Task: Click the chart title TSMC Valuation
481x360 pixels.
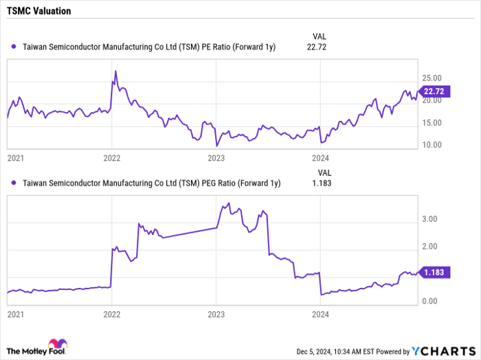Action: tap(40, 12)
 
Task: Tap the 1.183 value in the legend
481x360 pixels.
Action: tap(317, 183)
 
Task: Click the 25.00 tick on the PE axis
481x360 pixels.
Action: tap(432, 78)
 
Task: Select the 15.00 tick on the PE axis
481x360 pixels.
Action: tap(432, 123)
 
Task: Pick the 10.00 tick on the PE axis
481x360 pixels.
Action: tap(432, 145)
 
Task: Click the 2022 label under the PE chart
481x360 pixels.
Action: tap(112, 157)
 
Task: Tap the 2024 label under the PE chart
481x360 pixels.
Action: tap(321, 157)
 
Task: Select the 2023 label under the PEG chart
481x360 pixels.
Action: tap(216, 314)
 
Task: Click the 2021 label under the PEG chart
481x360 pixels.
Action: tap(16, 314)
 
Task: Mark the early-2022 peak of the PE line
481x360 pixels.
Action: tap(115, 71)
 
